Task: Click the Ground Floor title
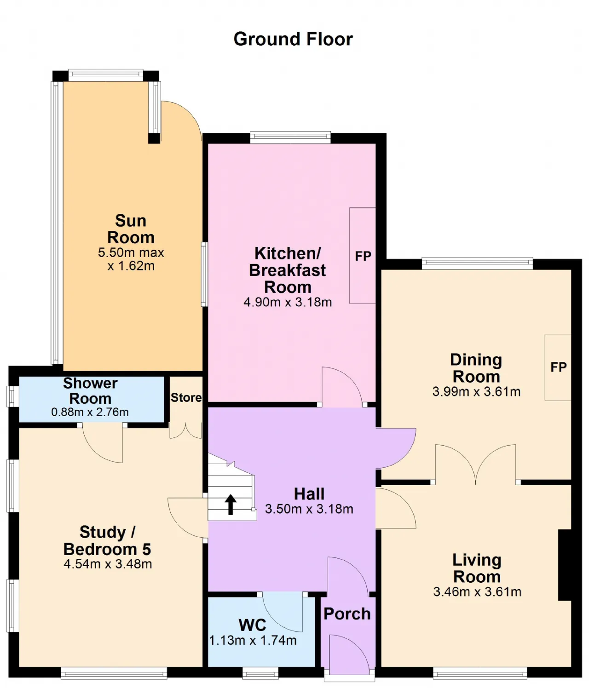point(293,39)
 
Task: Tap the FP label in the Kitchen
point(363,256)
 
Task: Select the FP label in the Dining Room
point(558,367)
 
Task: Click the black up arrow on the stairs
point(231,504)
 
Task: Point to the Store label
point(186,397)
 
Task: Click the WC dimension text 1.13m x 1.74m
point(253,640)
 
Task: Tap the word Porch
point(347,614)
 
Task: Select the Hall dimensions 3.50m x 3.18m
point(309,509)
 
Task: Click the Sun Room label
point(131,229)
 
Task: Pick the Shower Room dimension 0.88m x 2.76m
point(90,412)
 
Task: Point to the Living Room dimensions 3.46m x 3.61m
point(477,591)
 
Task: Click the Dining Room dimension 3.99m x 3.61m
point(476,391)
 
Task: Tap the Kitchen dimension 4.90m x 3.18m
point(288,302)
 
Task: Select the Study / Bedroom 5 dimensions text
point(108,564)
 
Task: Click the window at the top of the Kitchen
point(290,138)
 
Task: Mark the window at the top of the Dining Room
point(478,263)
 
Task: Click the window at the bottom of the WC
point(260,674)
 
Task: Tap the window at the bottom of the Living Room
point(480,674)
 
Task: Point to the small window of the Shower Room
point(12,396)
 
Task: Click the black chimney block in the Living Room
point(564,565)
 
